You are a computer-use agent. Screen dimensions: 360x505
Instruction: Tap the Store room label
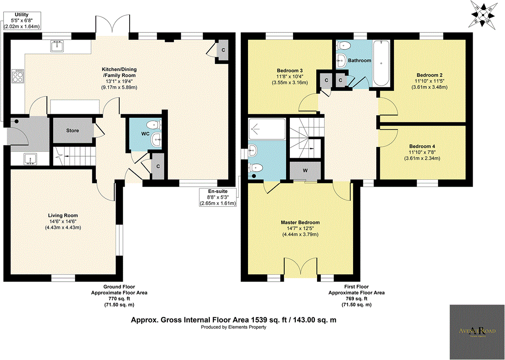pyautogui.click(x=73, y=131)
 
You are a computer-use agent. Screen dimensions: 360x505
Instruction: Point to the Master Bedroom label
pyautogui.click(x=300, y=223)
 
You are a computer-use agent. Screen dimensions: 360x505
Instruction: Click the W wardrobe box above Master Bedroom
pyautogui.click(x=305, y=171)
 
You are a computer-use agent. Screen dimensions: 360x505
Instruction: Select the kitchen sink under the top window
pyautogui.click(x=58, y=45)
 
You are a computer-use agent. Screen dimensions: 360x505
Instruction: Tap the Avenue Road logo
pyautogui.click(x=477, y=332)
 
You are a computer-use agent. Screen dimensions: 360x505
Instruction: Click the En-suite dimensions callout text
pyautogui.click(x=217, y=200)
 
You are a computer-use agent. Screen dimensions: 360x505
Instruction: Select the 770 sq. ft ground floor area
pyautogui.click(x=120, y=299)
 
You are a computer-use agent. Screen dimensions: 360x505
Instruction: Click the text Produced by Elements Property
pyautogui.click(x=234, y=327)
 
